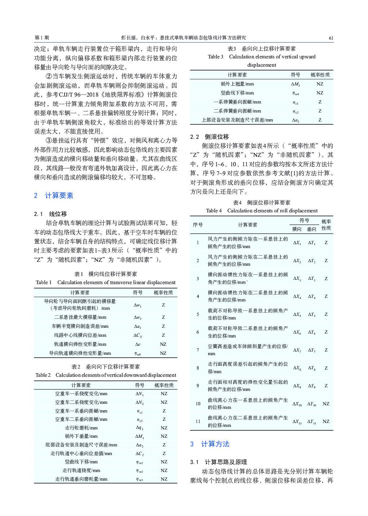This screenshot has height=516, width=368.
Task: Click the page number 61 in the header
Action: click(331, 38)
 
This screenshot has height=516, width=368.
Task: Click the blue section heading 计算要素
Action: click(59, 195)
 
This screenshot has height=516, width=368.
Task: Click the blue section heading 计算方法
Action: click(215, 444)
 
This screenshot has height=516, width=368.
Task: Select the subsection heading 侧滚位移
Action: click(216, 137)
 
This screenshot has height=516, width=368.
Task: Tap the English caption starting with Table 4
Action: click(262, 211)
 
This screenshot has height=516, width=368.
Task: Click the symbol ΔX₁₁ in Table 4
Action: click(297, 422)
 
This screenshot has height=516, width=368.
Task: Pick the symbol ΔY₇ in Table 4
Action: click(312, 350)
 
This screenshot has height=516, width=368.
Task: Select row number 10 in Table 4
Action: click(198, 403)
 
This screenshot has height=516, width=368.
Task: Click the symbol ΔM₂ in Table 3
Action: click(295, 84)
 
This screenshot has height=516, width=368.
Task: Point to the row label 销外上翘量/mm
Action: click(237, 84)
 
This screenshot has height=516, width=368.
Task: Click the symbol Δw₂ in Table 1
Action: click(137, 317)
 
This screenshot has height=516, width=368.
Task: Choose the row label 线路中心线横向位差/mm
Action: click(80, 335)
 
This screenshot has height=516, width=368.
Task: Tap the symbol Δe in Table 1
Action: click(137, 344)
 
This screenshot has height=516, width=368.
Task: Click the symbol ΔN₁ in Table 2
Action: click(139, 394)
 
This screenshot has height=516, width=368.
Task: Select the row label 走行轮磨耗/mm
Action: click(81, 428)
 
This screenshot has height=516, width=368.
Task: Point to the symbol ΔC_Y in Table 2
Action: click(139, 453)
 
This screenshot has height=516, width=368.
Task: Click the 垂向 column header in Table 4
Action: click(311, 229)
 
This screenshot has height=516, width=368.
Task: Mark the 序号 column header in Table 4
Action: click(198, 225)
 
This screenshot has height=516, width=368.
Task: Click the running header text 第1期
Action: click(42, 38)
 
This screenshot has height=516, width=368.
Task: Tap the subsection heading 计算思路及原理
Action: click(225, 462)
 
